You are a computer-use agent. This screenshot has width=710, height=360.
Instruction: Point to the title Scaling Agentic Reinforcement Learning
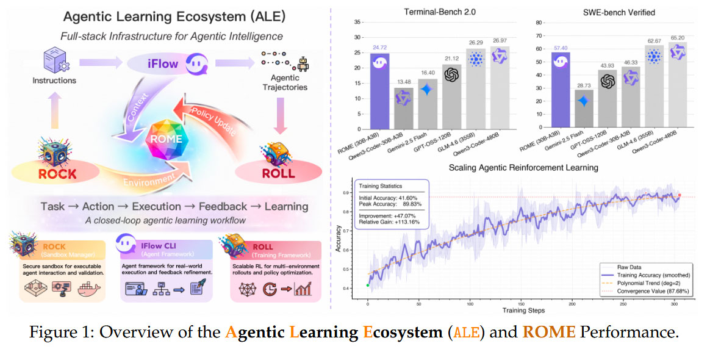point(524,167)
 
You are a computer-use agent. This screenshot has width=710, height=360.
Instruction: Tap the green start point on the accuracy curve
point(368,285)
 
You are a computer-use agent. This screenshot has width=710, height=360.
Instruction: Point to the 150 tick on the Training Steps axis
point(521,303)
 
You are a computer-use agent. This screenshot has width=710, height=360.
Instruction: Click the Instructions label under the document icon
point(54,81)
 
